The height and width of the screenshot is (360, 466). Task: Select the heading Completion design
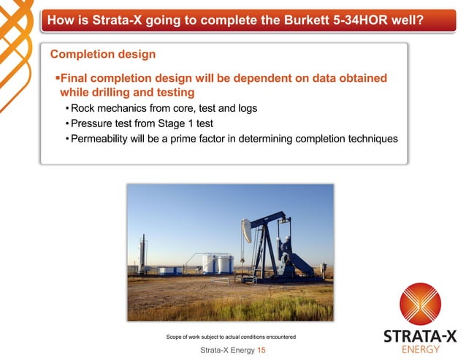pyautogui.click(x=102, y=54)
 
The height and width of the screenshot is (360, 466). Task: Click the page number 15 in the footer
pyautogui.click(x=261, y=351)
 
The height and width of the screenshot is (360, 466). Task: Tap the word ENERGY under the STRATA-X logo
pyautogui.click(x=421, y=349)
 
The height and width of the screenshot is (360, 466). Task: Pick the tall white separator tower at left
pyautogui.click(x=142, y=252)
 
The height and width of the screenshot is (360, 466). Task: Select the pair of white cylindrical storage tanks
pyautogui.click(x=217, y=263)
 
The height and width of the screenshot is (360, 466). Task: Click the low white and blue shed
pyautogui.click(x=170, y=269)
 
